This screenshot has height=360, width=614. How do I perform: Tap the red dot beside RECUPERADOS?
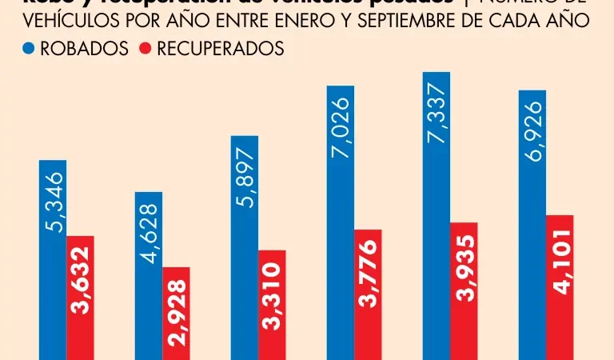146,50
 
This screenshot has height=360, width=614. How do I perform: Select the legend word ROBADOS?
85,50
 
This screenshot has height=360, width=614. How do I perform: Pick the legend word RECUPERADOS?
220,50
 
